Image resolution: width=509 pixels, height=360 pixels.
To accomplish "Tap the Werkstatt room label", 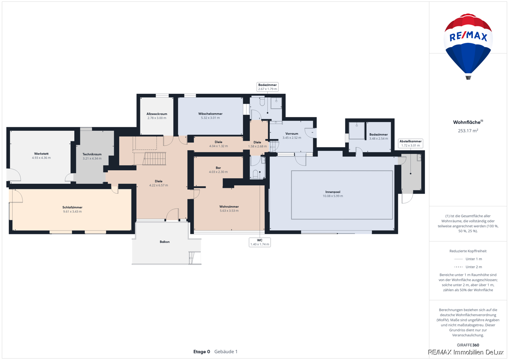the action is click(41, 154).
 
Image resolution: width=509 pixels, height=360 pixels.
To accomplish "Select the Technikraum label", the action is click(92, 154).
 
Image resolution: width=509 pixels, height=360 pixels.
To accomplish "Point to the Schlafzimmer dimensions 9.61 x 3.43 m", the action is click(72, 211).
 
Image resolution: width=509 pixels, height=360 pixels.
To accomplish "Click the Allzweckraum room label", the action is click(157, 114).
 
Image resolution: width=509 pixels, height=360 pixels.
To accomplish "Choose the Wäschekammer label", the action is click(210, 114).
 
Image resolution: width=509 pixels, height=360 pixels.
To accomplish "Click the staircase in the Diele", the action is click(154, 158).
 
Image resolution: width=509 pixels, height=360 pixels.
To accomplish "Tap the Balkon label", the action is click(165, 242).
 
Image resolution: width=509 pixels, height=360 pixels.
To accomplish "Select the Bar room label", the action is click(218, 168).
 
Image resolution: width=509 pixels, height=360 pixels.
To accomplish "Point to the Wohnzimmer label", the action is click(229, 206).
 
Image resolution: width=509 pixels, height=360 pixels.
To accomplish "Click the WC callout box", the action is click(260, 242).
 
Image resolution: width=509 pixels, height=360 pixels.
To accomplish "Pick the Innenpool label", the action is click(333, 192).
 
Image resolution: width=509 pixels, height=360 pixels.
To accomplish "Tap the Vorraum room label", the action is click(292, 134).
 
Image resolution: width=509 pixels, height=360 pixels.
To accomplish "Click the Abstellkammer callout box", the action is click(411, 143).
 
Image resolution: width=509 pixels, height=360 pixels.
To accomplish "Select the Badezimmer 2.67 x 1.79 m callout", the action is click(268, 87).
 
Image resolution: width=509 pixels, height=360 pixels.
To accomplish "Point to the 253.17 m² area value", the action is click(468, 130).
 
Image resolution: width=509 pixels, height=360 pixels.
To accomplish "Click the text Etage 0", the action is click(201, 352).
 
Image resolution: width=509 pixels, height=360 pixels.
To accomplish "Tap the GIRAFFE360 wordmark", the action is click(468, 345).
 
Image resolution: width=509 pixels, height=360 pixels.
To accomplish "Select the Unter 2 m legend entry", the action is click(468, 267).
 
